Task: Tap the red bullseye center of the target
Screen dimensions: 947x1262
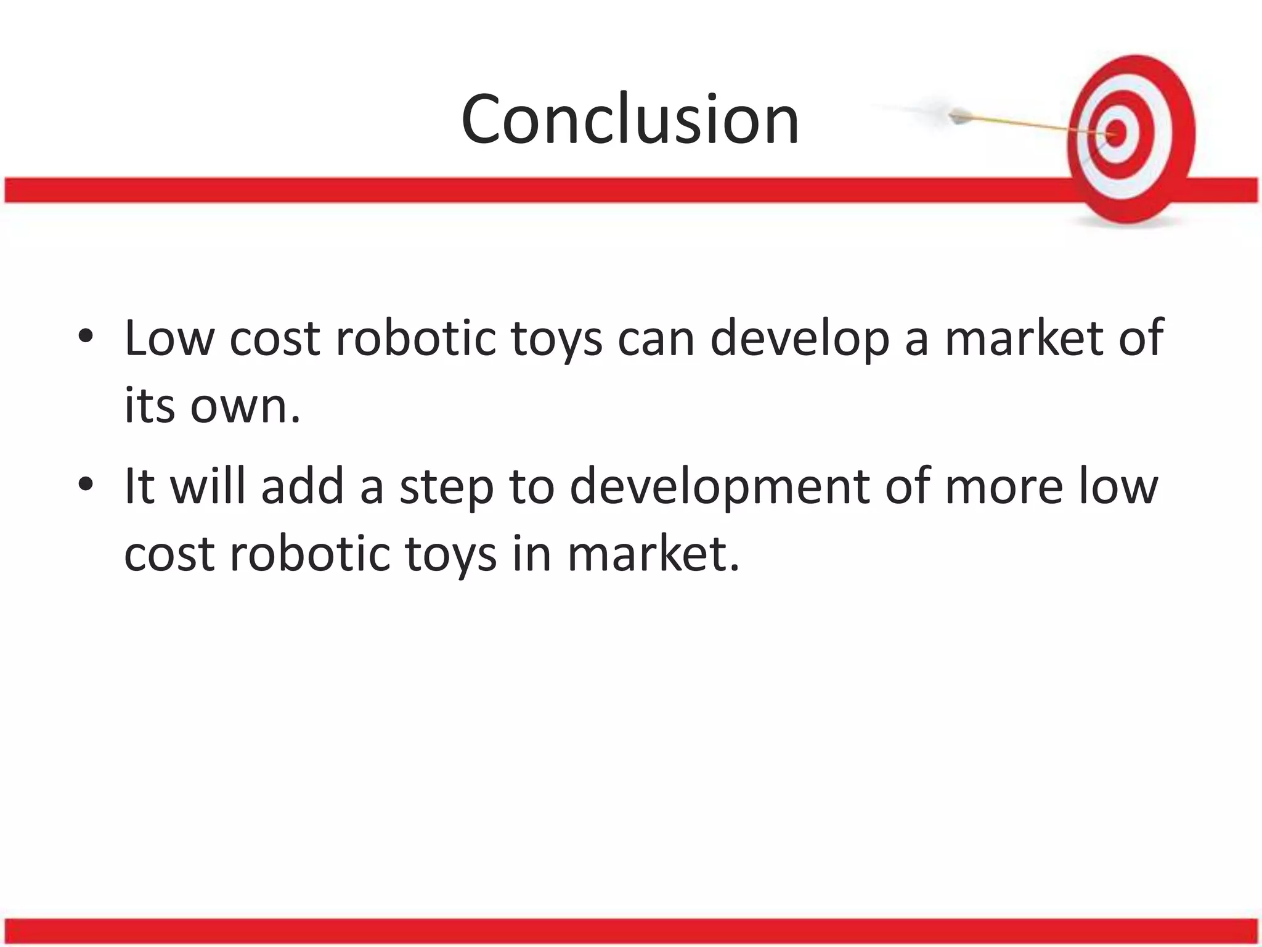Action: (1117, 133)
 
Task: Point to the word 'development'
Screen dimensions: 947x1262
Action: (719, 487)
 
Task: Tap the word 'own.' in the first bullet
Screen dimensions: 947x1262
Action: (245, 406)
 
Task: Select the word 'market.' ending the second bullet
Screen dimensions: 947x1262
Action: (653, 554)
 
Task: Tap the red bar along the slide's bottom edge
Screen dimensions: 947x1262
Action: (631, 931)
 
